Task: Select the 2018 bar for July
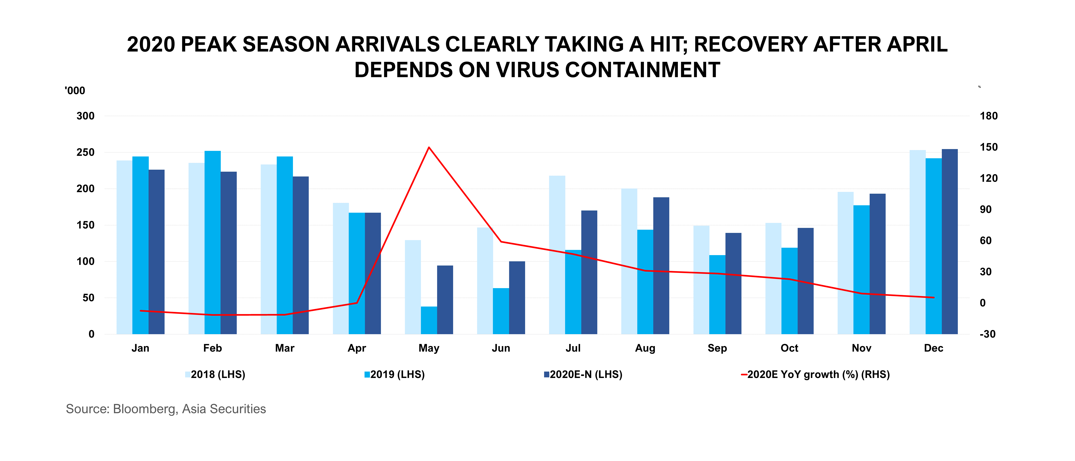[557, 255]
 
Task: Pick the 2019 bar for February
[212, 242]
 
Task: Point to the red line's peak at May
[429, 147]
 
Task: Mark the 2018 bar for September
[701, 280]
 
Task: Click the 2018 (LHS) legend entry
[215, 375]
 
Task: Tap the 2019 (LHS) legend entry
[395, 375]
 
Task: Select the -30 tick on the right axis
[987, 334]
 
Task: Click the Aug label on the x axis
[645, 348]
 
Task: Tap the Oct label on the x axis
[789, 348]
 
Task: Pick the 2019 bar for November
[861, 269]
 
